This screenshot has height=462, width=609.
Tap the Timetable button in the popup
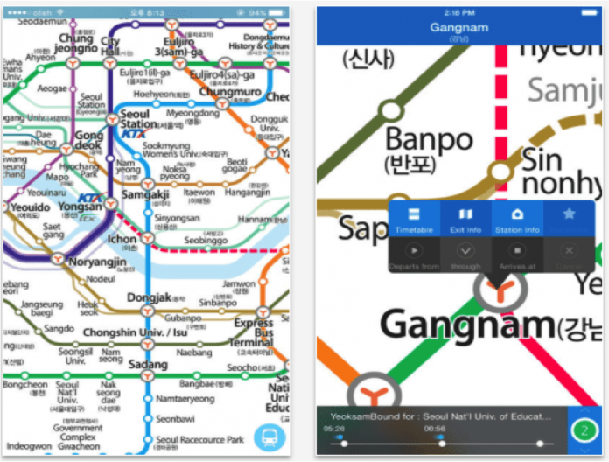pos(414,219)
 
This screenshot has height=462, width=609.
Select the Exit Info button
pos(465,219)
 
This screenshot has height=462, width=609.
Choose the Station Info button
pos(517,219)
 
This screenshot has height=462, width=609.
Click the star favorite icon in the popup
pos(570,214)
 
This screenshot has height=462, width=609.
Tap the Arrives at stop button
pos(517,255)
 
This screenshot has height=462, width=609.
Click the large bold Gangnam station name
pos(468,325)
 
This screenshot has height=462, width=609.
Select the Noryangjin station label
pos(98,261)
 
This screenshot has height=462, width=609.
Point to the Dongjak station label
pos(155,297)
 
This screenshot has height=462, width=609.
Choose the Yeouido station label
pos(29,207)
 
